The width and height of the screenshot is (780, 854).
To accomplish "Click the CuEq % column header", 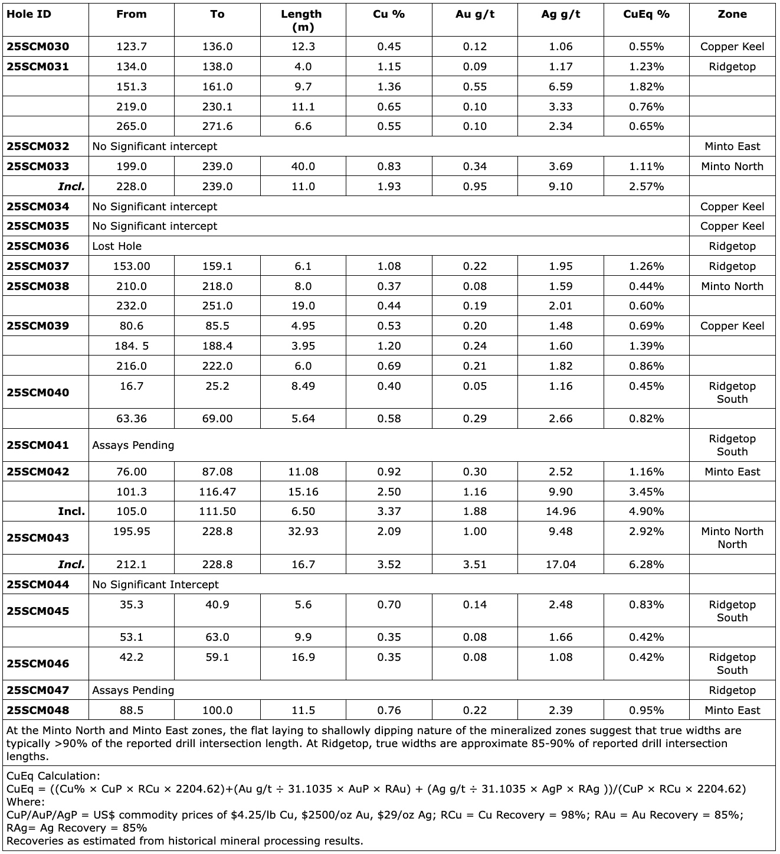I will tap(646, 14).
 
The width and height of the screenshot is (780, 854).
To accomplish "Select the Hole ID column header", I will tap(29, 14).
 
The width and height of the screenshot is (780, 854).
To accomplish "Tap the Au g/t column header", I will tap(474, 14).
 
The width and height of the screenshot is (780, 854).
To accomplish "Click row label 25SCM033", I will tap(38, 167).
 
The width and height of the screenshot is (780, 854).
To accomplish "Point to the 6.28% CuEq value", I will tap(646, 565).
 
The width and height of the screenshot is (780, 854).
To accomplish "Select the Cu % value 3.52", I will tap(389, 565).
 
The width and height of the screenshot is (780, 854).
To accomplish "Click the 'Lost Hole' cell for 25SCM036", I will tap(117, 246).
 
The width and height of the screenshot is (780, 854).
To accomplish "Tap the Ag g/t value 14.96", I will tap(561, 511).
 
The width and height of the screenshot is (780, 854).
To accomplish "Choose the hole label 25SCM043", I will tap(38, 538).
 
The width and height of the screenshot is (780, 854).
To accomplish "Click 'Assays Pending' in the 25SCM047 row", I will tap(133, 690).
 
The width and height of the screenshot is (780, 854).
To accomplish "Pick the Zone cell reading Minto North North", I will tap(732, 537).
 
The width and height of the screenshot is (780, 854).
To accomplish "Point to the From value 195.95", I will tap(131, 532).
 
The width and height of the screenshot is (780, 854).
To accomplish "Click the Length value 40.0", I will tap(303, 167).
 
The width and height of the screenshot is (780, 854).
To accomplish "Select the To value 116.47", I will tap(217, 492).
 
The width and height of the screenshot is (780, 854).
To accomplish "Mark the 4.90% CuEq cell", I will tap(646, 511).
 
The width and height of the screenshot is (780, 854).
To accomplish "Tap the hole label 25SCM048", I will tap(38, 710).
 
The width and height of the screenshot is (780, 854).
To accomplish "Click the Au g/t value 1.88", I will tap(474, 511).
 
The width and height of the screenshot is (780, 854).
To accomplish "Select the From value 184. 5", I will tap(131, 346).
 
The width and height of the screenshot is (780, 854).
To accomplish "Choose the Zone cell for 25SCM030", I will tap(732, 47).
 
